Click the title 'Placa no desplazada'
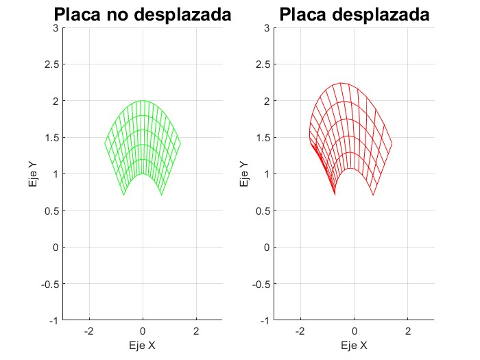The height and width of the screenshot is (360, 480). click(142, 14)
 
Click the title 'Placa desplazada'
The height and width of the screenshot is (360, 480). click(354, 14)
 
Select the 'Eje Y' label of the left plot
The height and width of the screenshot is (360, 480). click(33, 174)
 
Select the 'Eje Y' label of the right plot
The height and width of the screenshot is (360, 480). click(245, 174)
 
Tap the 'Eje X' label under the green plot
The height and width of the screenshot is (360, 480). click(143, 346)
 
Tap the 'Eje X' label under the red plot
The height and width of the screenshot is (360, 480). click(355, 346)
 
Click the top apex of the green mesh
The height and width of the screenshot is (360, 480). click(143, 101)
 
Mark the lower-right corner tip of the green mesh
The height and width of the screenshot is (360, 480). click(161, 195)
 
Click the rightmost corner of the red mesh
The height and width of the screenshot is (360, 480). click(392, 143)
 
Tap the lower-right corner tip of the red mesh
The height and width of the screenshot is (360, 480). click(374, 195)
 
